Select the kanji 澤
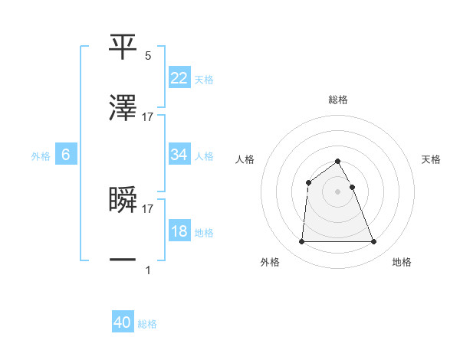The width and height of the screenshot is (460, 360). (123, 110)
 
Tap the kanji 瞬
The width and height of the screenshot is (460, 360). (123, 201)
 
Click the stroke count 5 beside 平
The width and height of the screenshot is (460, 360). (148, 56)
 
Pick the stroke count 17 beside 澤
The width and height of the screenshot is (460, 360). (148, 117)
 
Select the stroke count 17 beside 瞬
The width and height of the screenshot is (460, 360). (148, 208)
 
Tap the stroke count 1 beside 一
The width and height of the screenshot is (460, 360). (148, 270)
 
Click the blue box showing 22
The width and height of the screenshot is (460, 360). (179, 78)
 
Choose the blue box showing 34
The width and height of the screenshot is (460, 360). (179, 155)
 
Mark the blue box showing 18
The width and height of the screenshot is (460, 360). (179, 231)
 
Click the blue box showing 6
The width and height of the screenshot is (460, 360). (66, 155)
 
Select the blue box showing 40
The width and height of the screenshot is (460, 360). (123, 323)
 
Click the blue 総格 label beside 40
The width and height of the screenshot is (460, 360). (147, 325)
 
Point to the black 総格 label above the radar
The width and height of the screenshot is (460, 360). (338, 100)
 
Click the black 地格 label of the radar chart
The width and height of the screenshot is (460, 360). (402, 263)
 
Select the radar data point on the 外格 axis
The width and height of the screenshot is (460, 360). (301, 242)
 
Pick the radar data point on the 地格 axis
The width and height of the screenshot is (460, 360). (374, 242)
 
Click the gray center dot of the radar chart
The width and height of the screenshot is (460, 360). (338, 191)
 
